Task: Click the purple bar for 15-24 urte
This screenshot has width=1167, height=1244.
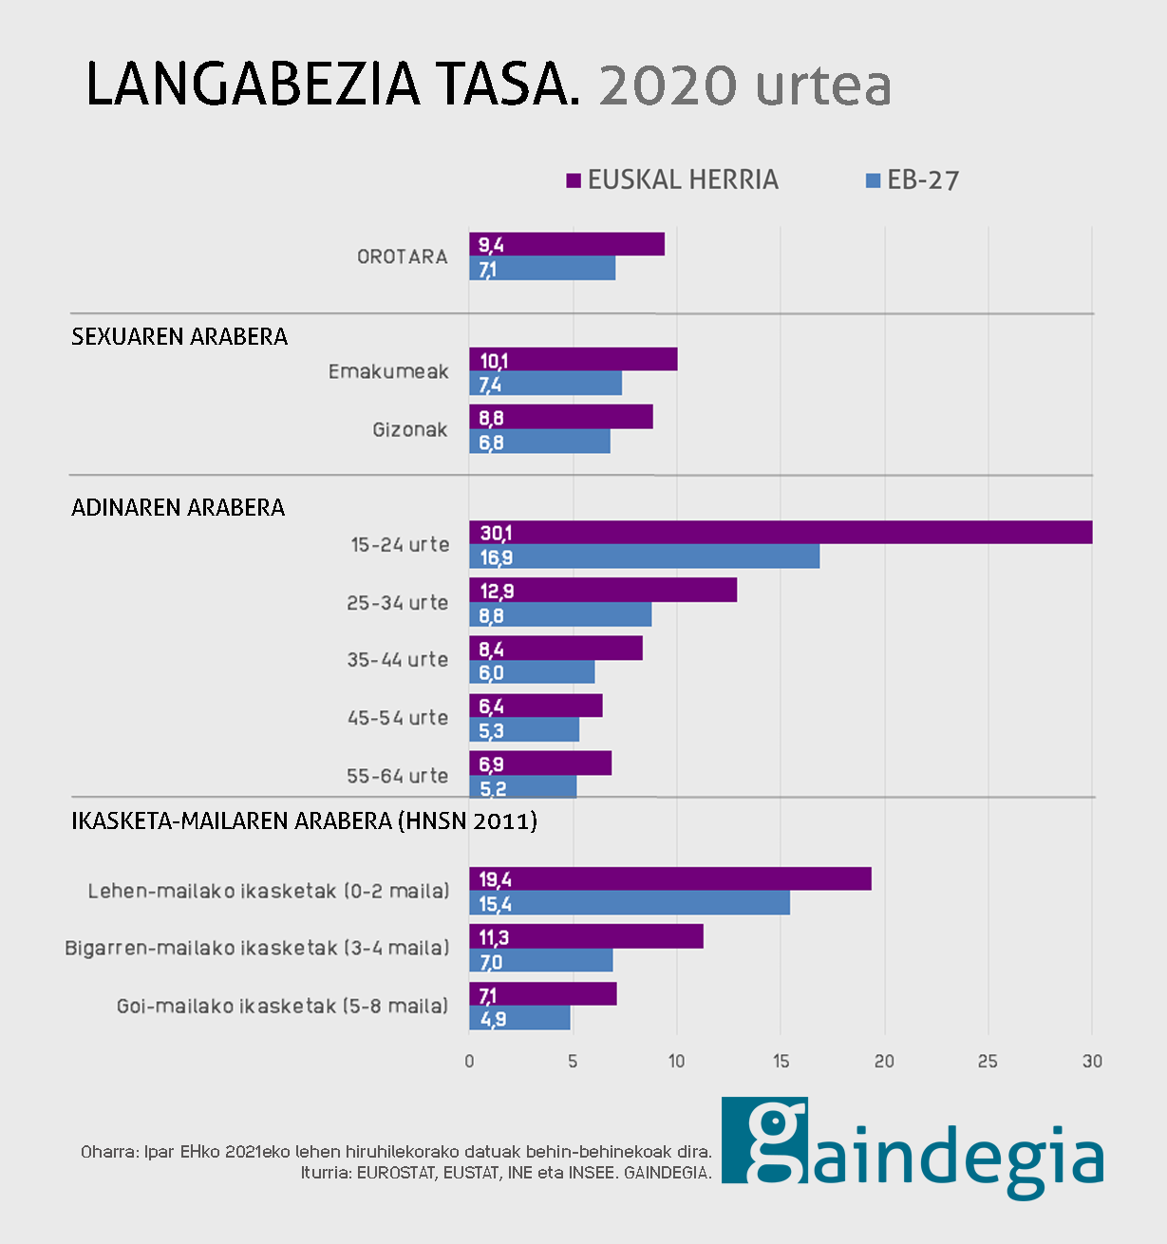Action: pyautogui.click(x=781, y=533)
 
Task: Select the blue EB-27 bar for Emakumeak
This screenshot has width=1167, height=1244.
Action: pyautogui.click(x=545, y=384)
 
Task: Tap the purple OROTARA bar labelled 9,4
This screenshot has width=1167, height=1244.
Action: pyautogui.click(x=567, y=244)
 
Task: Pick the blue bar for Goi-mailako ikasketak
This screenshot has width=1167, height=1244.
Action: pyautogui.click(x=519, y=1018)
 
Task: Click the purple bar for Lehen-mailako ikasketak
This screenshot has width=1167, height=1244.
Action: pyautogui.click(x=670, y=879)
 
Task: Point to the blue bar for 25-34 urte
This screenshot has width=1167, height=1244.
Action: pyautogui.click(x=560, y=615)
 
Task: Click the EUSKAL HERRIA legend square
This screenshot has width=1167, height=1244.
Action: pyautogui.click(x=574, y=180)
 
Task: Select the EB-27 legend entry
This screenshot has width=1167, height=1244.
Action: pyautogui.click(x=913, y=180)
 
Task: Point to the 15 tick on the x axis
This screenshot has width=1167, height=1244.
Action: pyautogui.click(x=781, y=1061)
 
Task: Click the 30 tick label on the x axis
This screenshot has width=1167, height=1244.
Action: pyautogui.click(x=1092, y=1061)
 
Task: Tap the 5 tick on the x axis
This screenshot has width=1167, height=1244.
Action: pyautogui.click(x=573, y=1061)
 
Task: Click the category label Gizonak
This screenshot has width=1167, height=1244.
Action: pyautogui.click(x=409, y=430)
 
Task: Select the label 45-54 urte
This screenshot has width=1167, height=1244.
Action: pyautogui.click(x=398, y=718)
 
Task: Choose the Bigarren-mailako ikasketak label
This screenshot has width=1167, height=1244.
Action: pyautogui.click(x=256, y=948)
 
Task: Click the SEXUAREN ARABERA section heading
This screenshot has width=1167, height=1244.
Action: pyautogui.click(x=179, y=337)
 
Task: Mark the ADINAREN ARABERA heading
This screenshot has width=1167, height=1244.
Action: pyautogui.click(x=179, y=507)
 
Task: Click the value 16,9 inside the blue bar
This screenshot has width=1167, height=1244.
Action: pyautogui.click(x=496, y=557)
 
